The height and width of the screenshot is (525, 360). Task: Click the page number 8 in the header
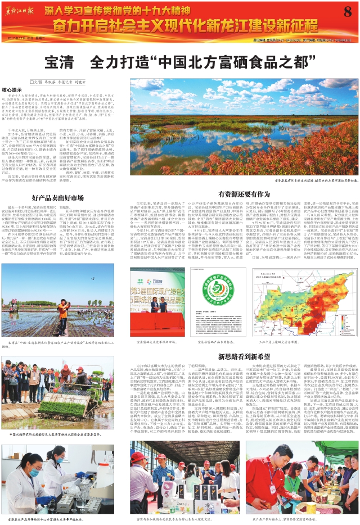(x=346, y=12)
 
